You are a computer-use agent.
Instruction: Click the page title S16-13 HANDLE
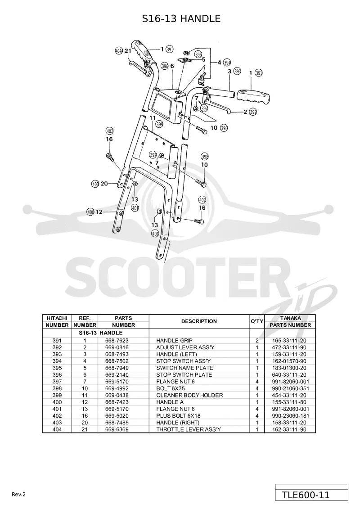181,18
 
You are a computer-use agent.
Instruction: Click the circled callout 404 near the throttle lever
119,51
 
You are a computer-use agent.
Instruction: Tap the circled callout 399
159,124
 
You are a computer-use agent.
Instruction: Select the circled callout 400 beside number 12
90,212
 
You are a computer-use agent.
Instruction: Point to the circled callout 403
95,184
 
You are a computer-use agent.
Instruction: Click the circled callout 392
253,112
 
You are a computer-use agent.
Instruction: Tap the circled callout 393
237,71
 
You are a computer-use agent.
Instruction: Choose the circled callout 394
227,63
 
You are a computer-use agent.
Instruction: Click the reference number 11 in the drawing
153,118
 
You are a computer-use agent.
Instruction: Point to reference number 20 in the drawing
104,184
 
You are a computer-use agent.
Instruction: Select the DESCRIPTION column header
199,321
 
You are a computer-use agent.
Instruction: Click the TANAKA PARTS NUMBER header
290,321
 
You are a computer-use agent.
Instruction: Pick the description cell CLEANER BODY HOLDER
189,395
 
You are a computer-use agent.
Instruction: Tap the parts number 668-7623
117,341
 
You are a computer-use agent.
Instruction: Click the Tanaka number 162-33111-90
289,429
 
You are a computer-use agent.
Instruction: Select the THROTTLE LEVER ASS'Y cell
189,429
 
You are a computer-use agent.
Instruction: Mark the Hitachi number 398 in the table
57,388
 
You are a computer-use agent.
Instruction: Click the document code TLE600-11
306,495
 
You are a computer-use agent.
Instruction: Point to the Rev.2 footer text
18,495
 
